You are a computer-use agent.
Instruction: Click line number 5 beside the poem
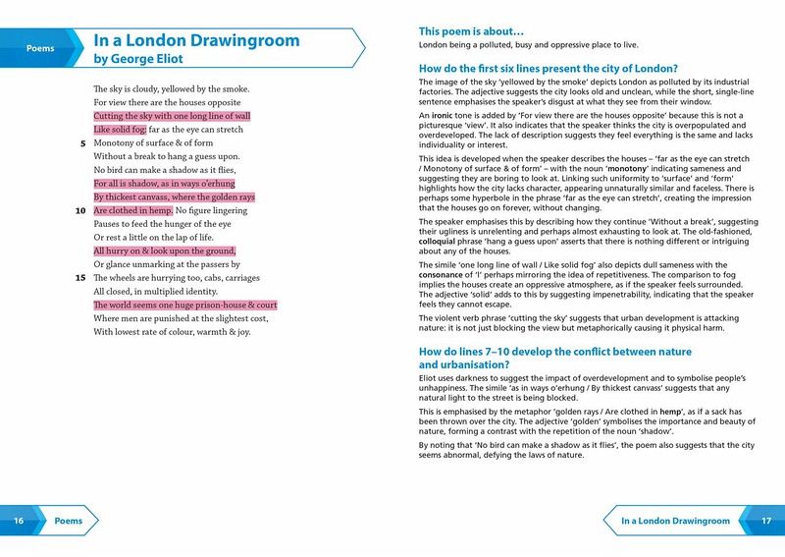[79, 142]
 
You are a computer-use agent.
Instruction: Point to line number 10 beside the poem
[79, 210]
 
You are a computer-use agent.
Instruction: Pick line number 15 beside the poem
[79, 278]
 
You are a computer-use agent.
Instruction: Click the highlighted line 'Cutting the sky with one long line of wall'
[172, 115]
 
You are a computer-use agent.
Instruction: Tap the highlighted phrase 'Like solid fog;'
[119, 129]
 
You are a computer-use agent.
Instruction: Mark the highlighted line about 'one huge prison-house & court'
[185, 305]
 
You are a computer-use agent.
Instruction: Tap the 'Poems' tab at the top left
[38, 47]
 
